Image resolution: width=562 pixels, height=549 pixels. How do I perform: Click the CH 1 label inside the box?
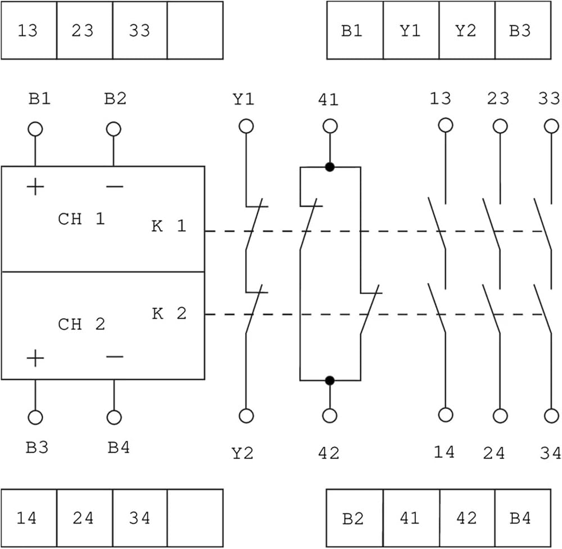click(81, 219)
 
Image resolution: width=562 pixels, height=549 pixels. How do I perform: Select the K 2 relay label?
click(169, 314)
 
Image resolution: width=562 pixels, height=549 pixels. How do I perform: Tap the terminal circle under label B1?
click(35, 129)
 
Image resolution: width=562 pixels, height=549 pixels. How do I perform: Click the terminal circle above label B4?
click(114, 417)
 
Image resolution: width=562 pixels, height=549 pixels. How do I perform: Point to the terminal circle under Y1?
click(246, 127)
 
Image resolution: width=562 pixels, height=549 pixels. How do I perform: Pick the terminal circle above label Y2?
click(246, 416)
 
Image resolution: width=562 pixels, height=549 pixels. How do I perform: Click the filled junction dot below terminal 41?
click(330, 167)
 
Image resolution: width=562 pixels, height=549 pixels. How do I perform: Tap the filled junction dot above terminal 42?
click(330, 380)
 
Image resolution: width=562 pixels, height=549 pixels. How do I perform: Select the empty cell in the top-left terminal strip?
click(195, 30)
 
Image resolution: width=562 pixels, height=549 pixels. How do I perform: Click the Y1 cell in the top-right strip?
click(411, 30)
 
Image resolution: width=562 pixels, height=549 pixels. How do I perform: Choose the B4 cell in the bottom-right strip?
click(523, 518)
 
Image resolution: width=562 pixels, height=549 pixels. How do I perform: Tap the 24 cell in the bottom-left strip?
click(85, 518)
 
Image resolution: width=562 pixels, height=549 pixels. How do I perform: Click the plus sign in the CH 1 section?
click(35, 187)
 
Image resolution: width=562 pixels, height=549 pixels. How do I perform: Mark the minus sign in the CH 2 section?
click(115, 357)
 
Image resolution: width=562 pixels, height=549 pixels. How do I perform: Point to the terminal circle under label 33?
click(551, 127)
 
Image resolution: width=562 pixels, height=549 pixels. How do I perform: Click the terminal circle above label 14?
click(446, 415)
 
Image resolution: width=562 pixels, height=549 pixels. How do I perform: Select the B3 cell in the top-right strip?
click(523, 30)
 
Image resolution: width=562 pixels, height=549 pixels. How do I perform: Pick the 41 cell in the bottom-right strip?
click(411, 518)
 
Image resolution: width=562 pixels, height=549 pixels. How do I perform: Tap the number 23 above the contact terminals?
click(498, 98)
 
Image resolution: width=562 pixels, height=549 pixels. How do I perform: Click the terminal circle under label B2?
click(114, 129)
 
